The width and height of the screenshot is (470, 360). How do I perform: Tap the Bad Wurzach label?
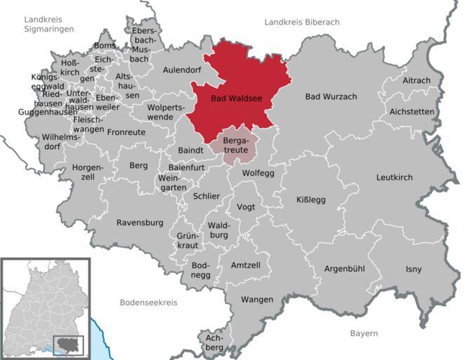[330, 96]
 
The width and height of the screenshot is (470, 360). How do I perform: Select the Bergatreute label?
[237, 146]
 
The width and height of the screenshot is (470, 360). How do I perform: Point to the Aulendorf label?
[182, 70]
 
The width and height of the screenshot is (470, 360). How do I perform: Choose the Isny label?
[414, 269]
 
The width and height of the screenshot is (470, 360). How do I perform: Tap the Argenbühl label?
[346, 269]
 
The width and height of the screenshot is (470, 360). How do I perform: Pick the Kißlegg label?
[311, 200]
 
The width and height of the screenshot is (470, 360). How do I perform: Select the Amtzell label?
[245, 264]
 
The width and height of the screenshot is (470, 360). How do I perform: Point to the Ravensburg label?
[139, 223]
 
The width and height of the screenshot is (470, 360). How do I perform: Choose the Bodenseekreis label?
[148, 302]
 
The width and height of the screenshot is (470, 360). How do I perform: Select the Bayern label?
[364, 333]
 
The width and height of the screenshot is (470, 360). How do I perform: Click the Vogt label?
[246, 207]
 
